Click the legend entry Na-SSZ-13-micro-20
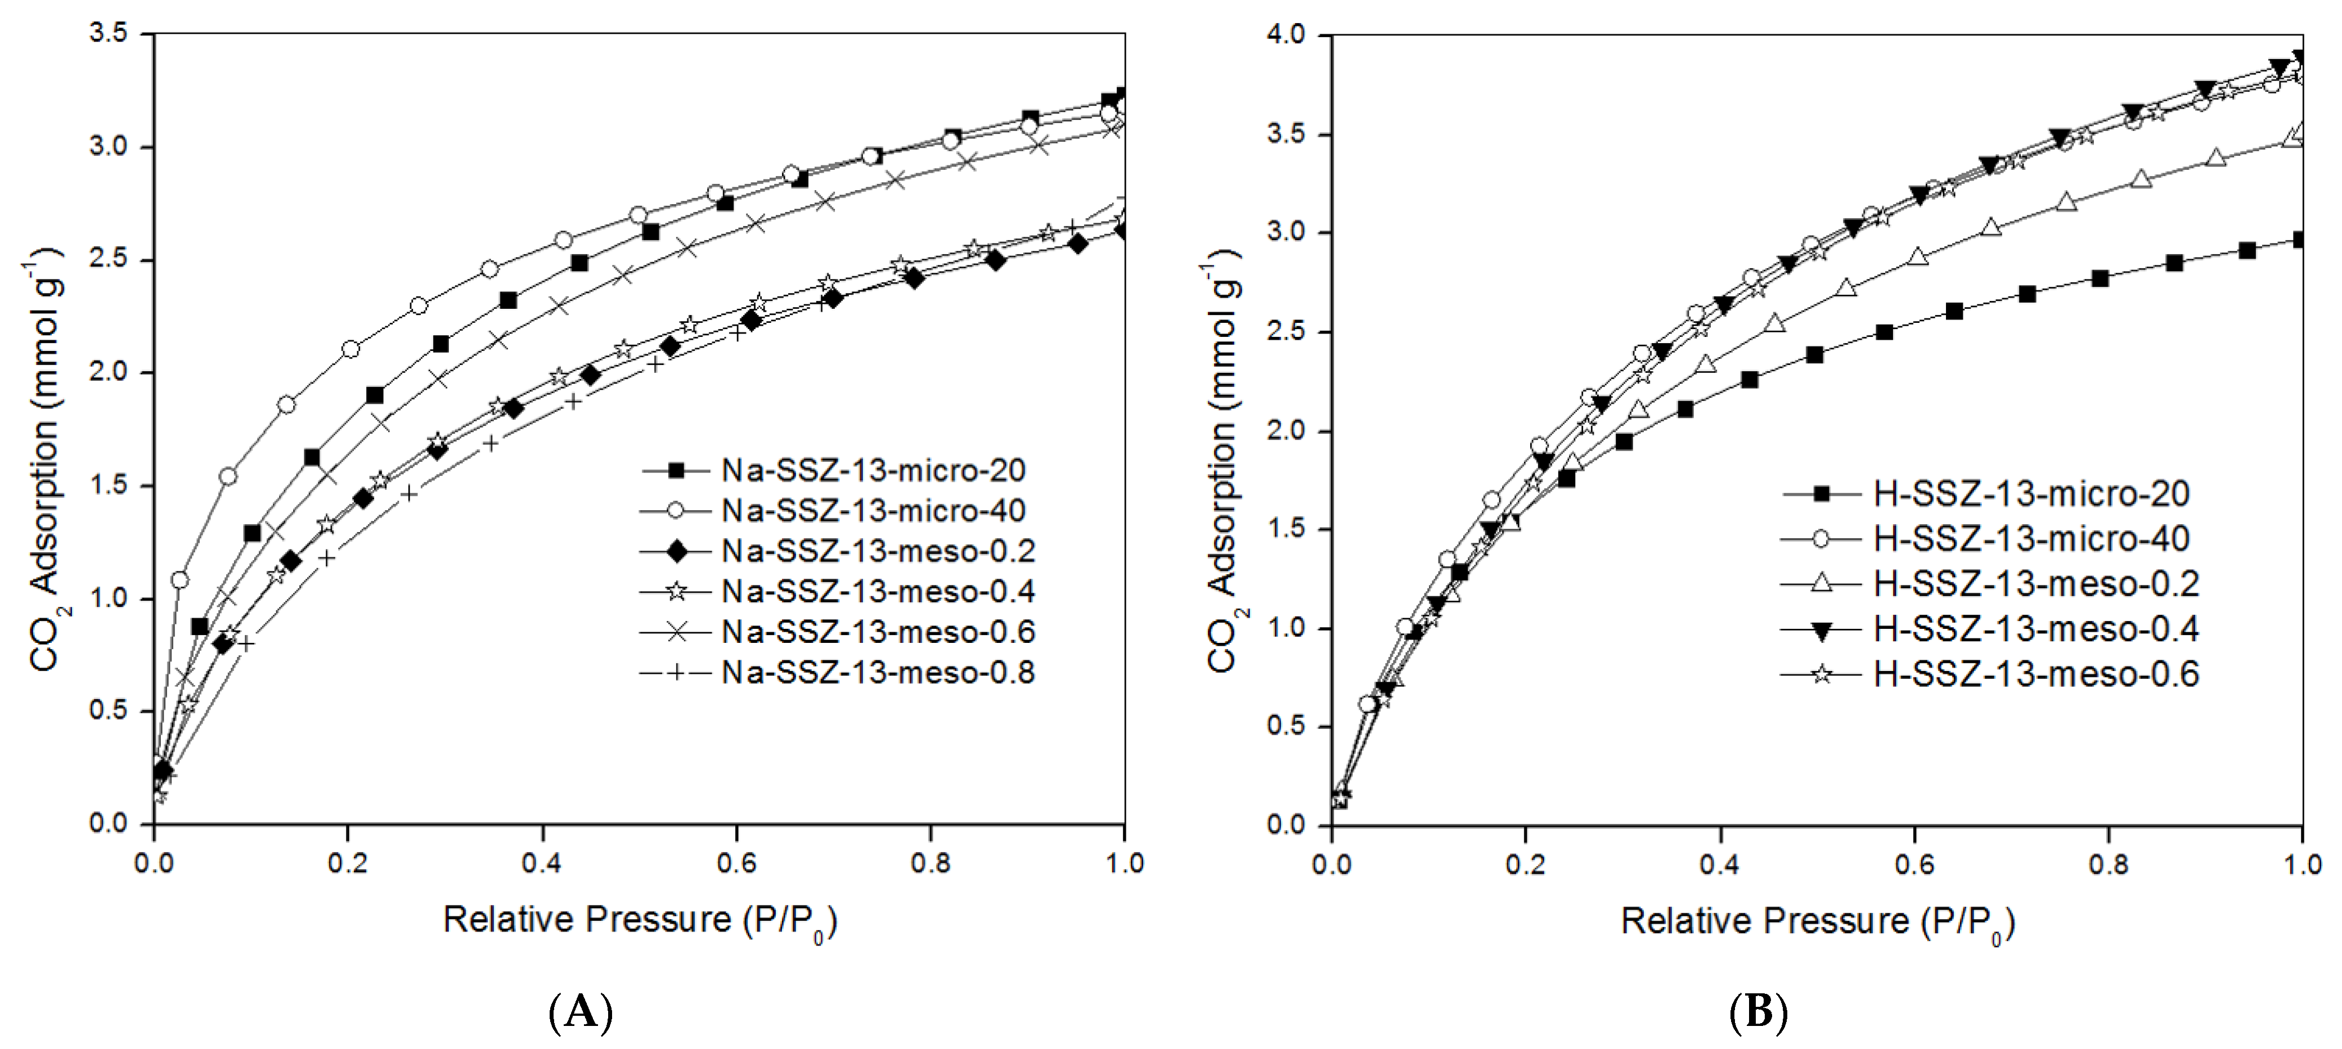click(873, 470)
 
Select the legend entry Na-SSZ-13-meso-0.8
click(878, 673)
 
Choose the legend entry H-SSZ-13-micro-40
click(2031, 539)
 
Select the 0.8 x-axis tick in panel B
click(2109, 863)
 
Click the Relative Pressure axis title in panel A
click(639, 921)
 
